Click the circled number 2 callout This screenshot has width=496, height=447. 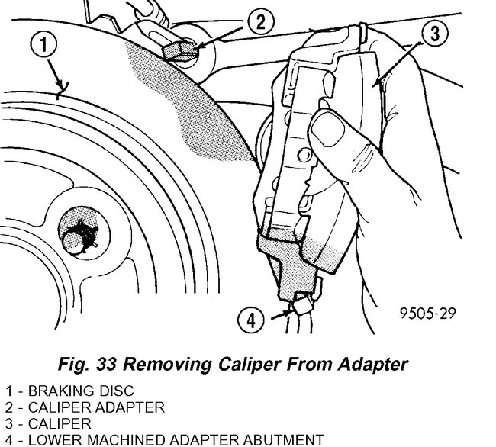(x=260, y=21)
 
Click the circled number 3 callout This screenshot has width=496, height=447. (x=432, y=34)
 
